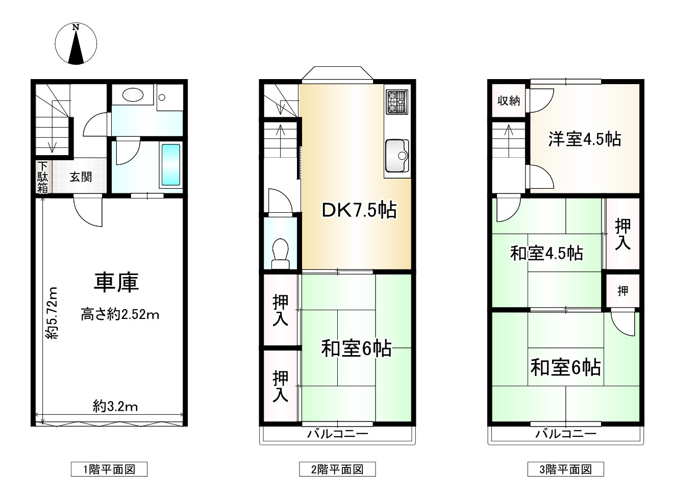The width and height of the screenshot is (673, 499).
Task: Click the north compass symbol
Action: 76,44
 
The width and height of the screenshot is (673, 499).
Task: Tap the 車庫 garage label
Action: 116,283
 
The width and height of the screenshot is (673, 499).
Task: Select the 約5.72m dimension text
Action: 51,313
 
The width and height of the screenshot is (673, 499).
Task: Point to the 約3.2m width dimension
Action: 115,406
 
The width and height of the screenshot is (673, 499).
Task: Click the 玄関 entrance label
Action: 81,177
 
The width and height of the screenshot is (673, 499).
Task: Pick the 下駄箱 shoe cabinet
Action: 42,177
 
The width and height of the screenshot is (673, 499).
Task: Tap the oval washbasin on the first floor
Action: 133,96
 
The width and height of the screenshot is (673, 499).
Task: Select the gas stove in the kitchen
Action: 397,101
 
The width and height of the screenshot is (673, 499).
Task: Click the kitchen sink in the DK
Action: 397,155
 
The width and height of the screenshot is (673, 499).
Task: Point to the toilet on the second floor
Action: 280,253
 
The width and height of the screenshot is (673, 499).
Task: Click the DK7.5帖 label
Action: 359,210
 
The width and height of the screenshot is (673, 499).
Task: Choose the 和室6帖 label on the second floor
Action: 356,348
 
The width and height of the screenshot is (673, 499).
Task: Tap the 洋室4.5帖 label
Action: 584,139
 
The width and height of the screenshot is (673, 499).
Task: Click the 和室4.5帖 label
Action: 546,253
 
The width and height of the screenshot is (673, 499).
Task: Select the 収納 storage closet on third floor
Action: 508,101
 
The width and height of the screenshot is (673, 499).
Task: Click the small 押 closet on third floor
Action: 622,291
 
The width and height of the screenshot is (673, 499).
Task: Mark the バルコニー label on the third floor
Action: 566,434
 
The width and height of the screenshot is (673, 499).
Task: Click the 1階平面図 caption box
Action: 109,469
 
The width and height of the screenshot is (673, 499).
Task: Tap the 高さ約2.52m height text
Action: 120,315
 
